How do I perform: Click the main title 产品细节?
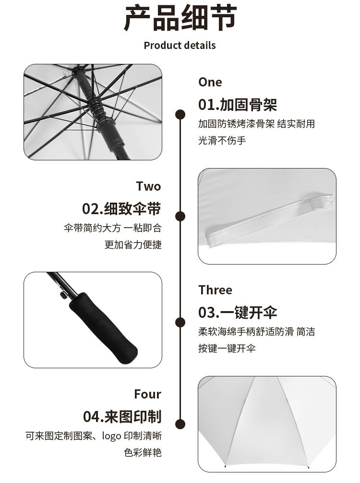pyautogui.click(x=180, y=19)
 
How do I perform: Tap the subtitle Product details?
pyautogui.click(x=180, y=46)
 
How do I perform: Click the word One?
pyautogui.click(x=210, y=82)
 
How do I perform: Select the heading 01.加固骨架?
pyautogui.click(x=238, y=104)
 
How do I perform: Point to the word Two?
pyautogui.click(x=148, y=186)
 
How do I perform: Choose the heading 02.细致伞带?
pyautogui.click(x=121, y=209)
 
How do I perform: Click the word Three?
pyautogui.click(x=215, y=290)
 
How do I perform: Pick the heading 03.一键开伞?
pyautogui.click(x=238, y=313)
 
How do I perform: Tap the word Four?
pyautogui.click(x=147, y=394)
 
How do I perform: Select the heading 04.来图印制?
pyautogui.click(x=122, y=416)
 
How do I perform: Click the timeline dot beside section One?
pyautogui.click(x=180, y=114)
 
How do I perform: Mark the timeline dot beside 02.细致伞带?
pyautogui.click(x=180, y=216)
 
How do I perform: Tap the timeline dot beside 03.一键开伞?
pyautogui.click(x=180, y=322)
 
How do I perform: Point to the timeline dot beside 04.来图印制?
pyautogui.click(x=180, y=423)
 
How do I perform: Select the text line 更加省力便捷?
pyautogui.click(x=133, y=244)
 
